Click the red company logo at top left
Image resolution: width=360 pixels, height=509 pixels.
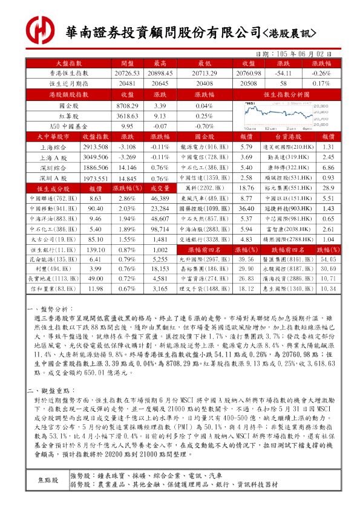41,28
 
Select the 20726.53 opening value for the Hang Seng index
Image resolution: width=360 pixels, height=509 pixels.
126,73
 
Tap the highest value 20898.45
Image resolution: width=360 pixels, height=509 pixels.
160,73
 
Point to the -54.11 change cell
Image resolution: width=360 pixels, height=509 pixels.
283,73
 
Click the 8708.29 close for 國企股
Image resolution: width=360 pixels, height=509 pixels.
127,106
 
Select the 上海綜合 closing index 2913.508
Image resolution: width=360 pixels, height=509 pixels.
96,148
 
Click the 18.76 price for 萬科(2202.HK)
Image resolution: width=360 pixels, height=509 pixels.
246,189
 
